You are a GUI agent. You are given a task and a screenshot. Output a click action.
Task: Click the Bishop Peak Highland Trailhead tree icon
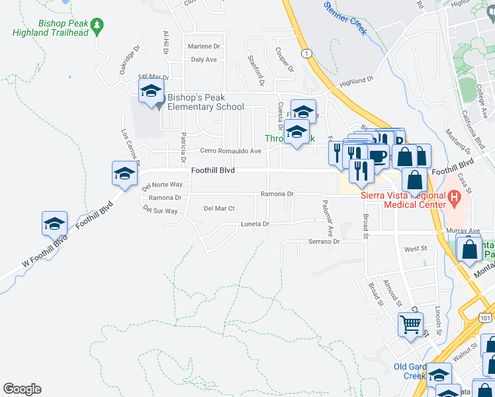coord(98,26)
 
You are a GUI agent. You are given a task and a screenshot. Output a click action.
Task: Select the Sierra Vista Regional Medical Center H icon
coord(454,197)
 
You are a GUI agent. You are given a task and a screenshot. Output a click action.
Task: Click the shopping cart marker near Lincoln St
coord(410,325)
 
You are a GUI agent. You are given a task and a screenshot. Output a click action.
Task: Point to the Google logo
coord(22,389)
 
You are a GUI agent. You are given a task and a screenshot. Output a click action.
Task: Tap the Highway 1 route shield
coord(306,53)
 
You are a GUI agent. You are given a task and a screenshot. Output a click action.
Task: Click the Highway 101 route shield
coord(486,318)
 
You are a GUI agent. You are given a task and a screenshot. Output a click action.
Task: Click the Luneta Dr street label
coord(255,224)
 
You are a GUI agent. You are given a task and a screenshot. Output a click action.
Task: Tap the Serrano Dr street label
coord(324,242)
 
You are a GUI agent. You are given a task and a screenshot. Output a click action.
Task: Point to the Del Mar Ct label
coord(220,208)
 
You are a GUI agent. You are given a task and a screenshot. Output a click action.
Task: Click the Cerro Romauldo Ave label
coord(226,151)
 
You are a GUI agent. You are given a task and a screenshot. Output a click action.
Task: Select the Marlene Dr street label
coord(203,46)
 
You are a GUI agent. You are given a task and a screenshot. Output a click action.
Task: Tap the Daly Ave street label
coord(204,60)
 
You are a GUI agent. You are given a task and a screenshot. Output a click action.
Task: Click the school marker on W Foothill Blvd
coord(55,223)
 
